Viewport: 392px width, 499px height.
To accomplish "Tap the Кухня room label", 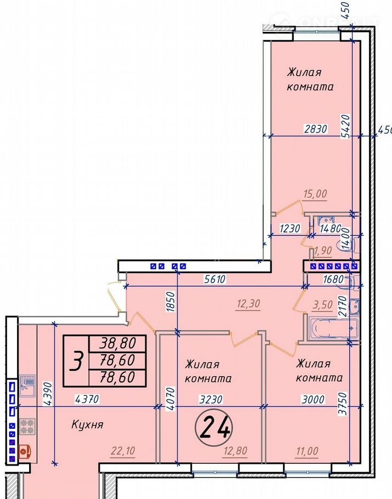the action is coord(88,424).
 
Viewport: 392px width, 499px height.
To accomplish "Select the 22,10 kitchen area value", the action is coord(123,451).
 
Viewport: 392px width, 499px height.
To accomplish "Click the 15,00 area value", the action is coord(315,194).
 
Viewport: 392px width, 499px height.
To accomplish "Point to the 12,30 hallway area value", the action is coord(248,304).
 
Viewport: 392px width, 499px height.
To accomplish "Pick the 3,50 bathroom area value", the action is coord(322,304).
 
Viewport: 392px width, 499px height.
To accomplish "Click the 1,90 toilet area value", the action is coord(322,251).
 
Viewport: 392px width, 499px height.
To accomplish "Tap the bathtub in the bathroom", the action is coord(332,327).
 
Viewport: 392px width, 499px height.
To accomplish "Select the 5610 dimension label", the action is coord(214,279).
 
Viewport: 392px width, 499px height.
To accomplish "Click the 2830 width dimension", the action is coord(316,129).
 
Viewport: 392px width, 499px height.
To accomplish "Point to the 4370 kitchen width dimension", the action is coord(87,399).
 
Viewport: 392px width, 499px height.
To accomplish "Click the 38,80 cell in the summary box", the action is coord(117,343).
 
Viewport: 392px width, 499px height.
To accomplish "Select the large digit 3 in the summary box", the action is coord(77,361).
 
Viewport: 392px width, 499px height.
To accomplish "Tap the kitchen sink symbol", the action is coord(27,386).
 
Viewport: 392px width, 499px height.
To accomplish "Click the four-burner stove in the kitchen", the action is coord(27,427).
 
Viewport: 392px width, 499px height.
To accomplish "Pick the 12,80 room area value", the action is coord(235,451).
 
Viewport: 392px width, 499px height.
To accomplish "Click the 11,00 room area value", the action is coord(306,451).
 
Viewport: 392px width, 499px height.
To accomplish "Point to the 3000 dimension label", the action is coord(313,399).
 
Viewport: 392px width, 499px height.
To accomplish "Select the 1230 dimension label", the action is coord(290,229).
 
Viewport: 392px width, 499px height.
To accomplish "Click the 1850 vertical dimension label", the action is coord(171,302).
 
